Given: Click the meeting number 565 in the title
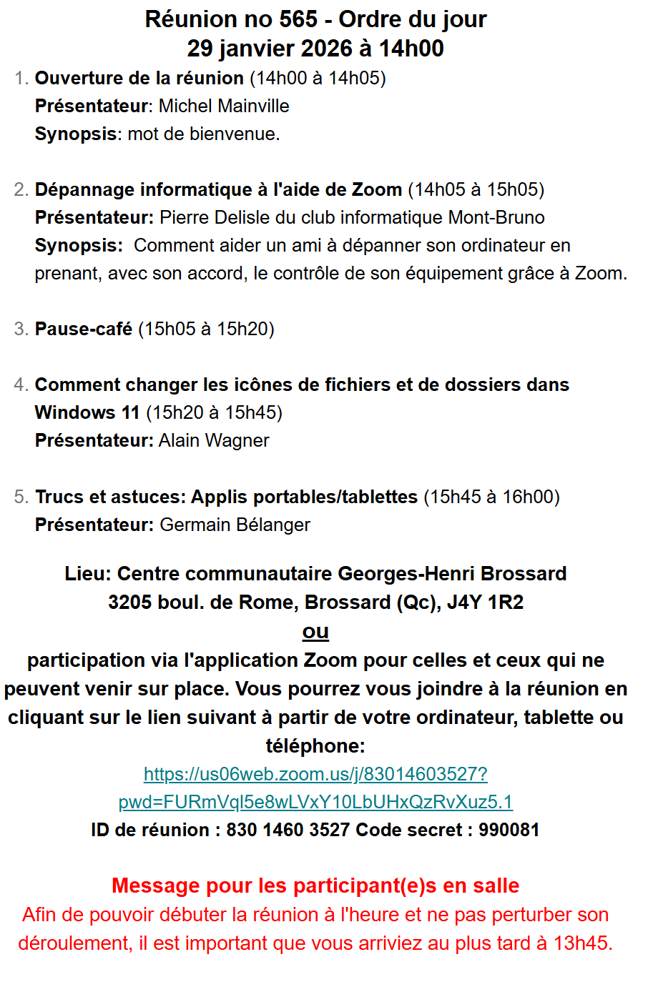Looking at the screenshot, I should pos(298,19).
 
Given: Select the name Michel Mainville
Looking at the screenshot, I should pos(224,106).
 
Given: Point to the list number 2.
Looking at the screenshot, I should pos(21,190).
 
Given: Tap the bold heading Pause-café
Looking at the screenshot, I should pos(84,329).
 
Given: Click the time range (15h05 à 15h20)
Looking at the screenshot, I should pos(206,329).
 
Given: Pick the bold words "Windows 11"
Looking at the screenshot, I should pos(87,413).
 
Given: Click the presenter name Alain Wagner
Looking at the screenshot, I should pos(214,441).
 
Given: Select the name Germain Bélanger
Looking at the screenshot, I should pos(235,525).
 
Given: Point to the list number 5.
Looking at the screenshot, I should pos(21,497).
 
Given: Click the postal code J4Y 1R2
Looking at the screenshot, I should pos(485,602).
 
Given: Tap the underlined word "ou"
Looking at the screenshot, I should pos(315,632).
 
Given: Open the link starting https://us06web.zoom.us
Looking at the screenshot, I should pos(315,775).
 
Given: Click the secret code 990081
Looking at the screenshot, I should pos(509,830).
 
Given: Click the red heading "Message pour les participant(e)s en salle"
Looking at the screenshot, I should pos(315,886).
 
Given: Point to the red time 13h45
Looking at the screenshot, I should pos(582,943).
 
